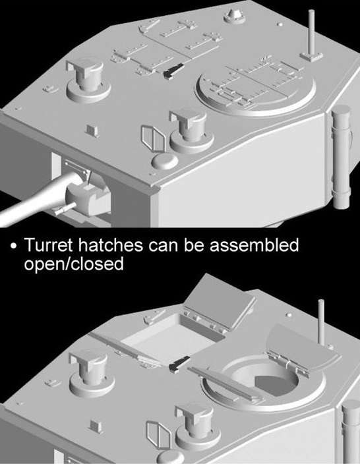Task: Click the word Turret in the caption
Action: point(48,245)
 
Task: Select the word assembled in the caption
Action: point(255,245)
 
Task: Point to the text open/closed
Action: point(74,263)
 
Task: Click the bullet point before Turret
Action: point(13,246)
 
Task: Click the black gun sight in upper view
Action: point(173,71)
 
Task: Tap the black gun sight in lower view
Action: point(179,364)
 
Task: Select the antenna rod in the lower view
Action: point(321,322)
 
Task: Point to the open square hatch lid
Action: point(220,303)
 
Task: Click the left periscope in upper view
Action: point(88,80)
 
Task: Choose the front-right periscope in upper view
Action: point(191,131)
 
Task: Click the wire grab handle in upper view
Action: point(153,139)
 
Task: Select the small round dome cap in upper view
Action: point(165,161)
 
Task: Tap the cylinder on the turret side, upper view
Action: point(342,157)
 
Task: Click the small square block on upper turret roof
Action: point(92,130)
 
